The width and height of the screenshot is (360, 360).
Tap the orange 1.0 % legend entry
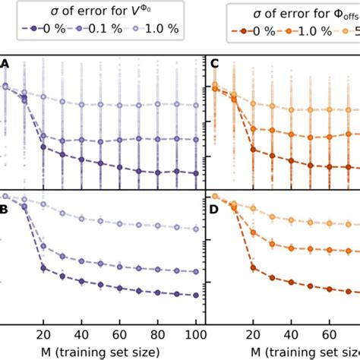coord(308,30)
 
